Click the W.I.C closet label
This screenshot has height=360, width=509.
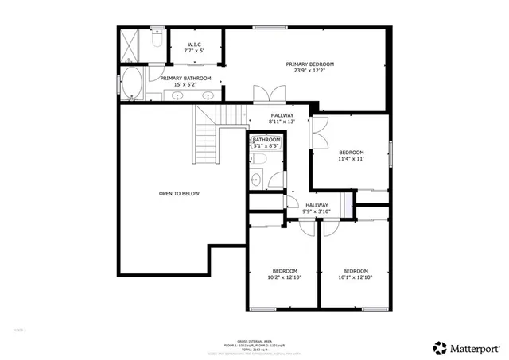coord(194,47)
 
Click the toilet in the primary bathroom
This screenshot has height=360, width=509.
coord(157,37)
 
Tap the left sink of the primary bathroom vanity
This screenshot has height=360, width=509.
coord(177,95)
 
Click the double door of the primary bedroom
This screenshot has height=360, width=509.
coord(264,93)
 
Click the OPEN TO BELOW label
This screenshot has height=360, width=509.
coord(179,193)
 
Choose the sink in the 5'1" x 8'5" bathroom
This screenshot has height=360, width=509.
coord(256,180)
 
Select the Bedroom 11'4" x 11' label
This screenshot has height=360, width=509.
coord(351,156)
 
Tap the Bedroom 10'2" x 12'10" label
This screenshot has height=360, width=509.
coord(284,273)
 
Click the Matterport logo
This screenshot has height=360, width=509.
coord(466,346)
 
